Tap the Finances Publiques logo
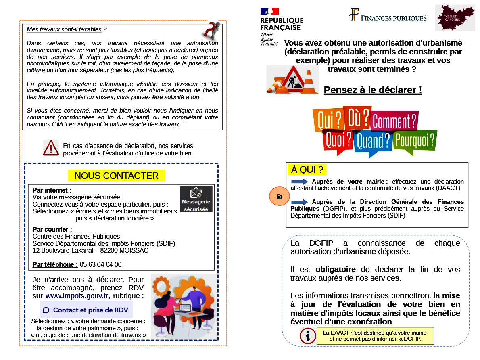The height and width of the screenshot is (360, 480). tap(387, 16)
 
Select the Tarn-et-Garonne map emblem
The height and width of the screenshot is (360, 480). tap(455, 18)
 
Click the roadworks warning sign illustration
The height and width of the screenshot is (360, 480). tap(292, 80)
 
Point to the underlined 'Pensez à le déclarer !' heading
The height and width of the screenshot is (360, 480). tap(373, 90)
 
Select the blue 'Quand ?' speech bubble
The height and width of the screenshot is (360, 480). tap(373, 142)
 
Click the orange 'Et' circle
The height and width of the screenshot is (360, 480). tap(280, 197)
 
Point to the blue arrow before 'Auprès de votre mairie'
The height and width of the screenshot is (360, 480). tap(299, 182)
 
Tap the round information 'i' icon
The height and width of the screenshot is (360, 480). tap(308, 336)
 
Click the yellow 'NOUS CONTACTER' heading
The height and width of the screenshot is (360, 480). tap(116, 176)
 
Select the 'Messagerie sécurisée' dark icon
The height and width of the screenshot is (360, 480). tap(196, 199)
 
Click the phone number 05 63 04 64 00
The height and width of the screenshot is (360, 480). tap(100, 265)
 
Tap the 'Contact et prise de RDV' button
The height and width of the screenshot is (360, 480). tap(86, 310)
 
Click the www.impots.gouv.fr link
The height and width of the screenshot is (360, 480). tap(77, 296)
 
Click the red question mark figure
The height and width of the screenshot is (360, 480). tap(211, 30)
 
